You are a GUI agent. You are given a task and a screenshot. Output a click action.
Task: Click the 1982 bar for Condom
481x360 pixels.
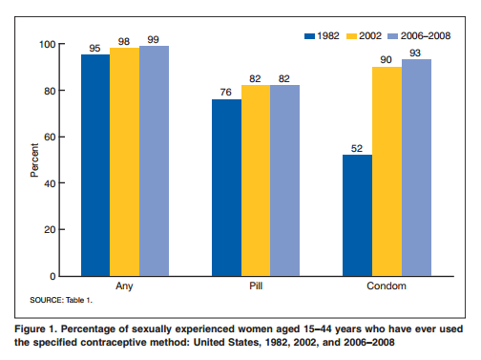click(x=357, y=215)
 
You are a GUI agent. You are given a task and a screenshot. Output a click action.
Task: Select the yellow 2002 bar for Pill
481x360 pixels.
click(x=256, y=180)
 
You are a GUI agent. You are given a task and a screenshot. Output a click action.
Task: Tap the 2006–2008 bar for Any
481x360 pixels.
click(x=154, y=160)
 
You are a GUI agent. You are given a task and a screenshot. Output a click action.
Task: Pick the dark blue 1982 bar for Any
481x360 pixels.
click(x=95, y=165)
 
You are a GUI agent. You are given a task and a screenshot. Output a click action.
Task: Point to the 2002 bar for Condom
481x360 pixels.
click(x=387, y=171)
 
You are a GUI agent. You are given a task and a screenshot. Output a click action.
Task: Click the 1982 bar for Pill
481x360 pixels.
click(x=226, y=187)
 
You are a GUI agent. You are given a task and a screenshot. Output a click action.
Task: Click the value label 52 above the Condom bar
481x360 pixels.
click(x=357, y=148)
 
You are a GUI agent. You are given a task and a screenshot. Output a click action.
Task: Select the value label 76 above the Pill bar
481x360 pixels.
click(x=225, y=92)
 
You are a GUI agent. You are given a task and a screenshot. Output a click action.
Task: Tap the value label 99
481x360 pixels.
click(x=153, y=39)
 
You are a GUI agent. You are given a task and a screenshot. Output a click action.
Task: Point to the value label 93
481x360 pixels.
click(x=415, y=53)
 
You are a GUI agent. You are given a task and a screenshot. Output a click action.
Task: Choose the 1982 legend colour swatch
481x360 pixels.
click(x=309, y=36)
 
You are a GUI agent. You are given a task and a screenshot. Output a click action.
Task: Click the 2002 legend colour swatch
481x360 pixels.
click(x=351, y=36)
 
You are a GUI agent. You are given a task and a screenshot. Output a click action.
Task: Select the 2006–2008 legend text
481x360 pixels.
click(x=426, y=35)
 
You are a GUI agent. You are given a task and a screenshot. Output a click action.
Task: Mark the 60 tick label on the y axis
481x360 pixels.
click(x=50, y=138)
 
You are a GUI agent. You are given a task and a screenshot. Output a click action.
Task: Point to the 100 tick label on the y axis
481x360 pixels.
click(x=47, y=44)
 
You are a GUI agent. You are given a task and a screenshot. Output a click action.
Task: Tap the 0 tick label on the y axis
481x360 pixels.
click(x=52, y=276)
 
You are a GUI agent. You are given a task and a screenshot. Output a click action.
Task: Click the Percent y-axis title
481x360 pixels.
click(x=34, y=160)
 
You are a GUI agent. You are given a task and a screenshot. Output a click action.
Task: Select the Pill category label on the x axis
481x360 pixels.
click(x=256, y=286)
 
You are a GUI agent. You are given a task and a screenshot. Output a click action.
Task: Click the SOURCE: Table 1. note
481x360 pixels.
click(x=61, y=300)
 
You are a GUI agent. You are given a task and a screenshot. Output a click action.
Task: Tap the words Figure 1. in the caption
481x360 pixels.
click(x=35, y=328)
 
